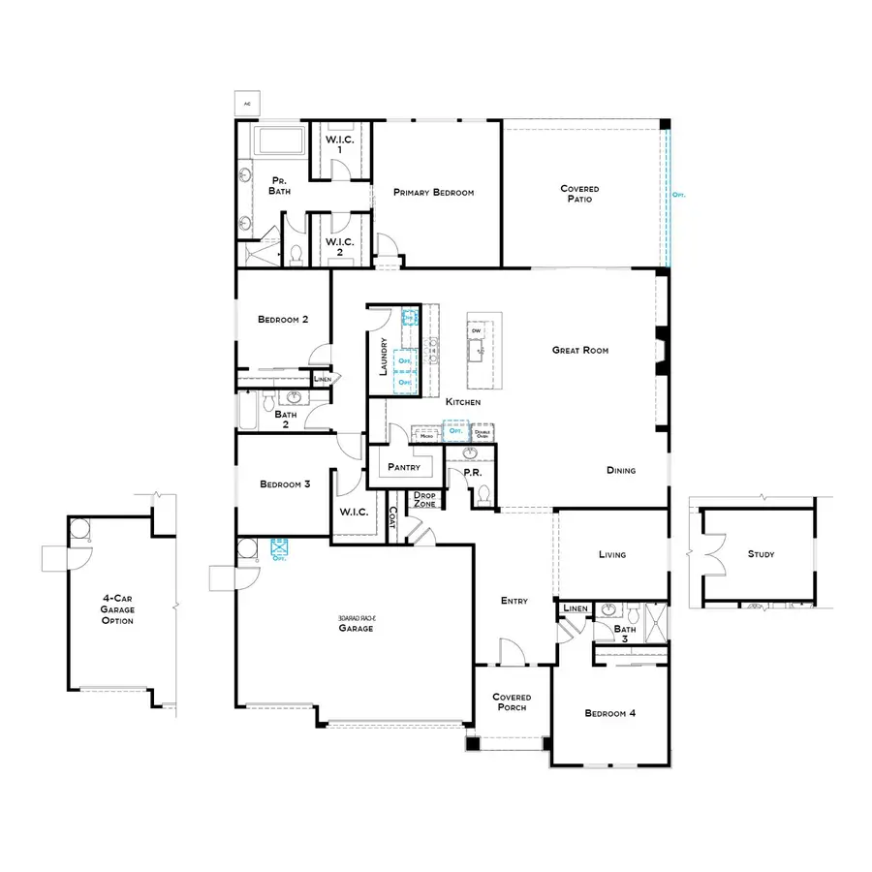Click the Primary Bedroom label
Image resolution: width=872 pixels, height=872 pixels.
click(433, 193)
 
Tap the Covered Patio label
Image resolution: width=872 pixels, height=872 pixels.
click(579, 194)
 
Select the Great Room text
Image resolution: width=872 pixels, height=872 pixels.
click(580, 350)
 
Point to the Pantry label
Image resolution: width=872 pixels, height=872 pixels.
click(402, 467)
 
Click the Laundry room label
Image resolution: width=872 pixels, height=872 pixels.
click(385, 357)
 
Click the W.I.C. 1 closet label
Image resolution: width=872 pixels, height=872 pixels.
click(338, 144)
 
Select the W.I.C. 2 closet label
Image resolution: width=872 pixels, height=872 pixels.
click(338, 246)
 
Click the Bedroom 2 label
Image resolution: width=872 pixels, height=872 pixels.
click(283, 320)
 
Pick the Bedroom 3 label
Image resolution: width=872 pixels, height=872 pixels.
click(285, 484)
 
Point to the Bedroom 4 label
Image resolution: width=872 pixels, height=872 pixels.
click(610, 713)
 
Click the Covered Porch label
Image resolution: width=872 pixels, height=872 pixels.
click(510, 701)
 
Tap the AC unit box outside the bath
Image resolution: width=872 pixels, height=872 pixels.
click(246, 102)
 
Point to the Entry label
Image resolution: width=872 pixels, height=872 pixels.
click(514, 601)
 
